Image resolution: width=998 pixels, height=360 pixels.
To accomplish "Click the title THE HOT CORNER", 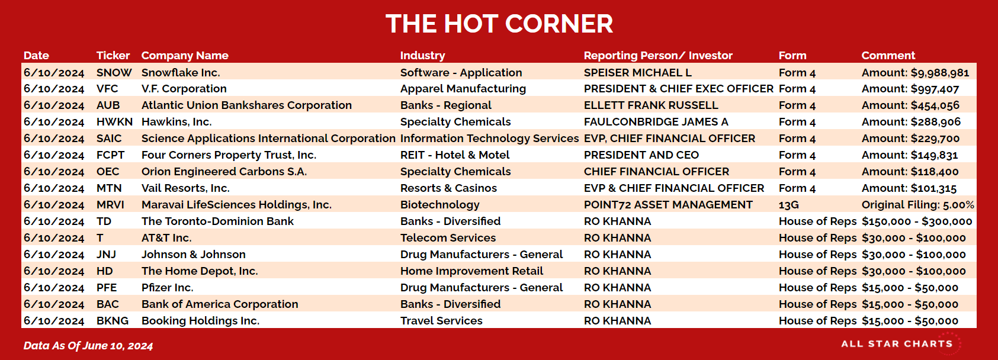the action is click(x=499, y=24).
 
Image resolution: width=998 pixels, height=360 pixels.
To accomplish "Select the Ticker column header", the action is click(x=113, y=55).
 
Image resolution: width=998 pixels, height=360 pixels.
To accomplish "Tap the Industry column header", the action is click(x=422, y=56).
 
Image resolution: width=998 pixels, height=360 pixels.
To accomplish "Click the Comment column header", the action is click(x=888, y=55).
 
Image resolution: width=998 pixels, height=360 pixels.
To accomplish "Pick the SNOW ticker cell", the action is click(x=114, y=73).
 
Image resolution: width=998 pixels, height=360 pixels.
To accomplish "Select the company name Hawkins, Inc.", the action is click(x=177, y=122).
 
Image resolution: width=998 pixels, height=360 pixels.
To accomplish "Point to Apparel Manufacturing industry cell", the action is click(x=463, y=89).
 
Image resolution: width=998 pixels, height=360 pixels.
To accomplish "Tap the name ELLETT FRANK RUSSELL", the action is click(x=651, y=105).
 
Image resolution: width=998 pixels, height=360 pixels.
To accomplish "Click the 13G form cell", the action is click(x=788, y=205).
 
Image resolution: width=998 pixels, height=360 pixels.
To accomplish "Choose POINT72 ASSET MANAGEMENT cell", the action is click(x=668, y=205).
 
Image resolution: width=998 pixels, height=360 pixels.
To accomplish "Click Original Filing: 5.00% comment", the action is click(x=918, y=205).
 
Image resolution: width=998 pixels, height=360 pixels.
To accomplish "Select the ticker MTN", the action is click(x=109, y=188).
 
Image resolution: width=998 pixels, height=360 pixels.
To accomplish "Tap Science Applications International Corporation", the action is click(x=268, y=139).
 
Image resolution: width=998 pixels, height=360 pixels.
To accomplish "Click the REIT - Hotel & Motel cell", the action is click(x=454, y=155).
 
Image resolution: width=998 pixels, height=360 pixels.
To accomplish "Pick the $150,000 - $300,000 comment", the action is click(x=917, y=221).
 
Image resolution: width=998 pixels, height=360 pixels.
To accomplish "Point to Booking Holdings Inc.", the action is click(x=201, y=321).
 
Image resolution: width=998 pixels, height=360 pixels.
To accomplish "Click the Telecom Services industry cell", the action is click(x=448, y=238).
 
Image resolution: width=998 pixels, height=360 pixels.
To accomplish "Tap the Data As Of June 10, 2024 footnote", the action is click(x=88, y=346).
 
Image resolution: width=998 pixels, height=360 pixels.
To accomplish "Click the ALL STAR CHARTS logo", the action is click(x=897, y=344).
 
